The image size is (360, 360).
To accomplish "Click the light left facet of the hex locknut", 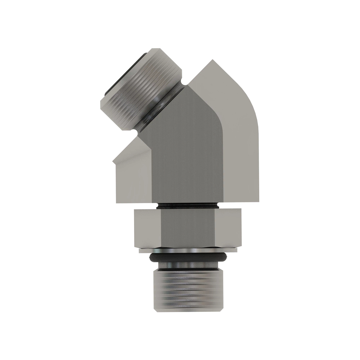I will tap(147, 228).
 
